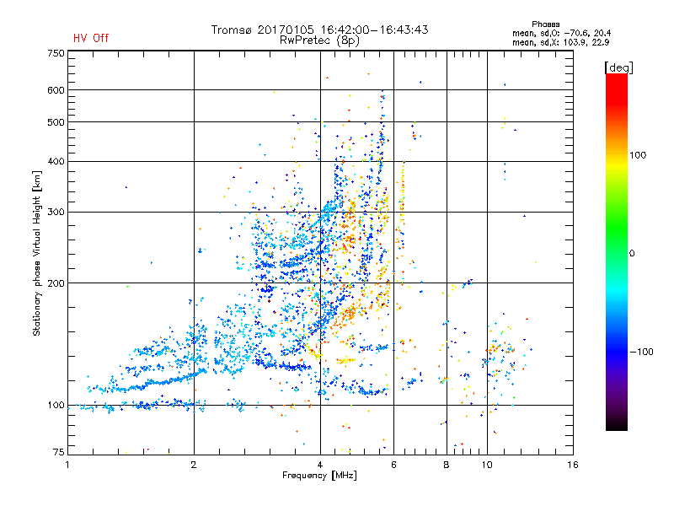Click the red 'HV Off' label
(91, 38)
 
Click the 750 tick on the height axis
(56, 53)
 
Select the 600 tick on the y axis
(56, 89)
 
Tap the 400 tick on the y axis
(56, 161)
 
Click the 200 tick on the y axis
(56, 283)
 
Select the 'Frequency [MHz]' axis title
(319, 476)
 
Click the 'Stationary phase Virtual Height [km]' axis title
(37, 254)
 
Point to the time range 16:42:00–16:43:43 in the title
(371, 30)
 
